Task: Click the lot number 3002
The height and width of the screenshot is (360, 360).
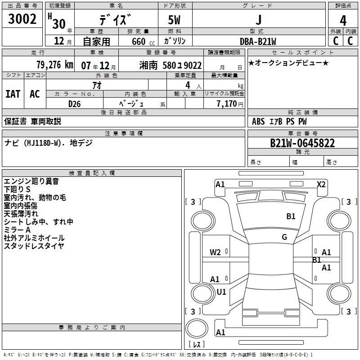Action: [22, 20]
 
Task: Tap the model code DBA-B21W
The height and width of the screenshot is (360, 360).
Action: [258, 41]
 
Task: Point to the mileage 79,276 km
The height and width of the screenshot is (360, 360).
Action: [54, 65]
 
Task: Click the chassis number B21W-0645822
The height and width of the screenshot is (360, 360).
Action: [302, 144]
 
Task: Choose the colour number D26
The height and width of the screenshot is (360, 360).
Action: [74, 103]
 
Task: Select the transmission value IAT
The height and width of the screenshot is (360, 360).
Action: [13, 94]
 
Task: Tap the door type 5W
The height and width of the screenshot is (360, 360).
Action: [175, 20]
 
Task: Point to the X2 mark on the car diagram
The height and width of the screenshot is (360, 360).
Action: [321, 184]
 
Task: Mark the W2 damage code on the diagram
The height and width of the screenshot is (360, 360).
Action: [215, 252]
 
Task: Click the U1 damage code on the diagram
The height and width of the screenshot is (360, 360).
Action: [221, 292]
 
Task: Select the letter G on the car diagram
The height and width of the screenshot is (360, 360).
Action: [284, 237]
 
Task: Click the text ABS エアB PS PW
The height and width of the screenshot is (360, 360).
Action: [274, 121]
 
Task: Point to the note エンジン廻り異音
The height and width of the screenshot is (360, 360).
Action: [31, 181]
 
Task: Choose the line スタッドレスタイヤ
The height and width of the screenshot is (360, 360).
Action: [34, 246]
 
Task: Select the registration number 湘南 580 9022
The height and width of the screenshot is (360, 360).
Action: [170, 65]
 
